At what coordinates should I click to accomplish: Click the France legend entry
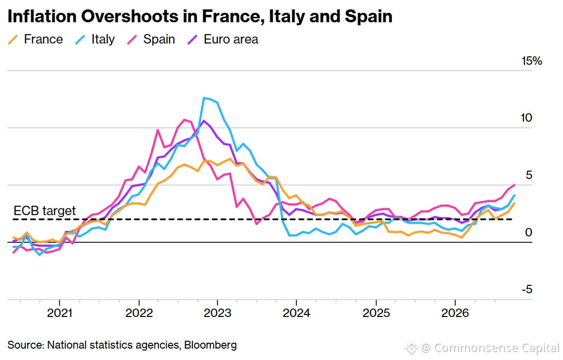click(35, 39)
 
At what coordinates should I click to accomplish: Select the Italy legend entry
click(95, 39)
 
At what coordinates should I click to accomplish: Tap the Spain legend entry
click(151, 39)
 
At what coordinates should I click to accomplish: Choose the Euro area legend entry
click(223, 39)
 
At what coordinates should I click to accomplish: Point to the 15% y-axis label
click(532, 61)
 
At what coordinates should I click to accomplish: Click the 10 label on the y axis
click(526, 118)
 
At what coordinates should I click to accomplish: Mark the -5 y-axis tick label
click(527, 289)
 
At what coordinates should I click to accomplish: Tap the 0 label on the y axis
click(528, 232)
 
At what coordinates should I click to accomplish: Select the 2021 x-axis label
click(59, 313)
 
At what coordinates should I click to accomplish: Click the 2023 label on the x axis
click(218, 313)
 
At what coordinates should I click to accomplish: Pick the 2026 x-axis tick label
click(455, 313)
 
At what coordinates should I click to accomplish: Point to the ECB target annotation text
click(45, 211)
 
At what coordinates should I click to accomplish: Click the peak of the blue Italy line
click(204, 97)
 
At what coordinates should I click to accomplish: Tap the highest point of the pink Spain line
click(185, 120)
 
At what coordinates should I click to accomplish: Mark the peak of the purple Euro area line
click(204, 121)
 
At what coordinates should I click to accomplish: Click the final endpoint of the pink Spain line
click(515, 185)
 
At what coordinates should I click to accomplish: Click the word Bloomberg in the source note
click(210, 345)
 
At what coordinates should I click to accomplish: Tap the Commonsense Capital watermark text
click(497, 348)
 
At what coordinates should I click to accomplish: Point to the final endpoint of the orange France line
click(515, 203)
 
